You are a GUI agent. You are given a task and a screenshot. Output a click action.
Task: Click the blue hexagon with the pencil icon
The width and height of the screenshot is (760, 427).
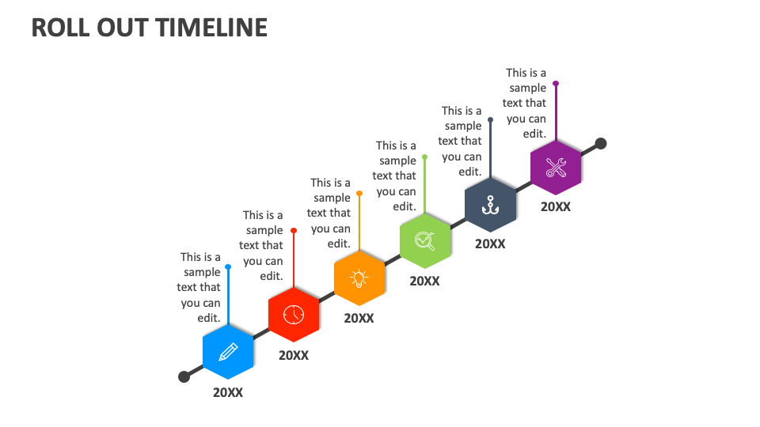228,351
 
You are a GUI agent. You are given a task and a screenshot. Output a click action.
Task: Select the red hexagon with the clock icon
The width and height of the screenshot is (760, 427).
294,314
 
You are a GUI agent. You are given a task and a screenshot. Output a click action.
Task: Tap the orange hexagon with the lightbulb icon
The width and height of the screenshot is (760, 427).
359,278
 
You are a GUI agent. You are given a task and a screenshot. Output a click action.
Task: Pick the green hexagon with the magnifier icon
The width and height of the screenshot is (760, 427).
425,240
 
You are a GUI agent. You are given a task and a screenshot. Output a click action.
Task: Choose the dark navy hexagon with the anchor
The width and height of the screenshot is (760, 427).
490,204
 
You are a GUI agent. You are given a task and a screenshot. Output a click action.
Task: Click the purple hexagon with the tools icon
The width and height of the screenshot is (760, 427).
556,168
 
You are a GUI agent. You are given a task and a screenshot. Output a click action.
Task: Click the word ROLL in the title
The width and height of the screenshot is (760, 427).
57,28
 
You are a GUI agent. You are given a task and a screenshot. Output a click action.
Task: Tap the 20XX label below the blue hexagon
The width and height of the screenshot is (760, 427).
228,393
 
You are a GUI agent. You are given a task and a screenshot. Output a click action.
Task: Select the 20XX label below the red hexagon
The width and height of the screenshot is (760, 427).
294,355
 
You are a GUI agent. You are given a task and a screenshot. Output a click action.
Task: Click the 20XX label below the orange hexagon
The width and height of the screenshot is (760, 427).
359,318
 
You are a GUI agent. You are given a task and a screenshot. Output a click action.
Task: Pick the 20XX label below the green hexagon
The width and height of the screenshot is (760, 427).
425,281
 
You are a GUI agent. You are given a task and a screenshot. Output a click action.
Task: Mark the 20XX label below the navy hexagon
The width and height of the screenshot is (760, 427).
490,244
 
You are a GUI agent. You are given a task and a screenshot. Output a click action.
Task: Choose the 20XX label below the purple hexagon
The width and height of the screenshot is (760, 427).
556,206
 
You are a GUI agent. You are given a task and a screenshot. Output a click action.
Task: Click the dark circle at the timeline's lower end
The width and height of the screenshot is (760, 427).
184,376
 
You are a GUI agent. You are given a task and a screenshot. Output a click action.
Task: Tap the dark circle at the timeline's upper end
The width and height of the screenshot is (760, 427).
601,143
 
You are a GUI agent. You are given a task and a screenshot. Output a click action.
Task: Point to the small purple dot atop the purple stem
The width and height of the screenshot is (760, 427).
556,83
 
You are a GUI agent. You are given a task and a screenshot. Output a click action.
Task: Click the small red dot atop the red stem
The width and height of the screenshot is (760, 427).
294,230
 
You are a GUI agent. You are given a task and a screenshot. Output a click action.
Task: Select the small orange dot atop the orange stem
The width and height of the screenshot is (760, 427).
359,193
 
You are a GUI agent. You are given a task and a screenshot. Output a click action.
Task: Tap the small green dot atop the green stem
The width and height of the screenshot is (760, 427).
425,157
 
